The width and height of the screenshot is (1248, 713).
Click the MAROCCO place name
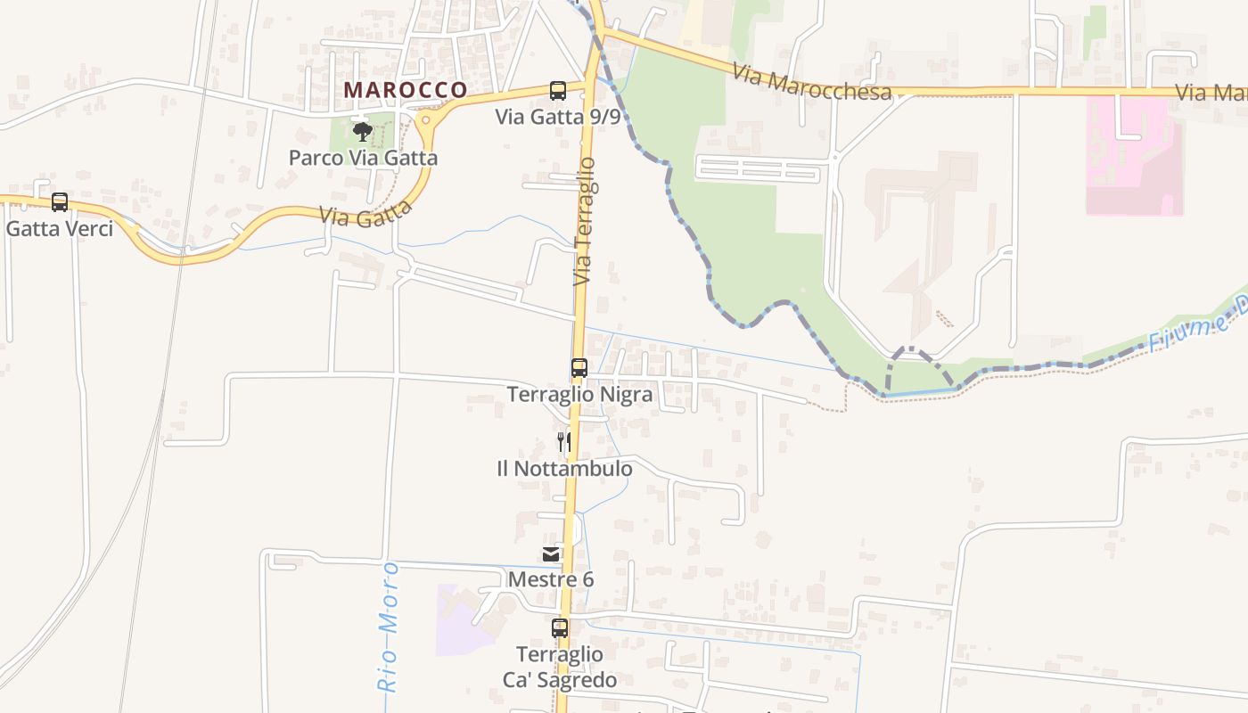[406, 90]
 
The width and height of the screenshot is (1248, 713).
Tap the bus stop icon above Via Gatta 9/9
[558, 90]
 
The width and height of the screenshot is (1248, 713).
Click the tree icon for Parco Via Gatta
[362, 133]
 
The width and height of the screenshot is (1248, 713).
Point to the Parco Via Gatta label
[363, 158]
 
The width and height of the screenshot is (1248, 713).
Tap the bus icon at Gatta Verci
[60, 202]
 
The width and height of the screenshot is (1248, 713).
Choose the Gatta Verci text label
[60, 228]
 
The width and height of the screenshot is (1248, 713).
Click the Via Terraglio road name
[585, 221]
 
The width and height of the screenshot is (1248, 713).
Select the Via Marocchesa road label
[812, 82]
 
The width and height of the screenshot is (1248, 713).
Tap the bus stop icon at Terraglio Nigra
[579, 367]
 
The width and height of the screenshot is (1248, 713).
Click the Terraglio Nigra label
[579, 394]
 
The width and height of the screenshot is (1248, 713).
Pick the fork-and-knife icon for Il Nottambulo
[563, 441]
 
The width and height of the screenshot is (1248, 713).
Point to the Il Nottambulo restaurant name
[564, 468]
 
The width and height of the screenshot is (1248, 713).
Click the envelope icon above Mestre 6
[551, 554]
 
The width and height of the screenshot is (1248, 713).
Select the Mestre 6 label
[551, 579]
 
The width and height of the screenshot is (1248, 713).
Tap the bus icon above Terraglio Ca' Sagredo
[560, 628]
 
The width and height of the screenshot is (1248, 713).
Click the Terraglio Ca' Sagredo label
[560, 667]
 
